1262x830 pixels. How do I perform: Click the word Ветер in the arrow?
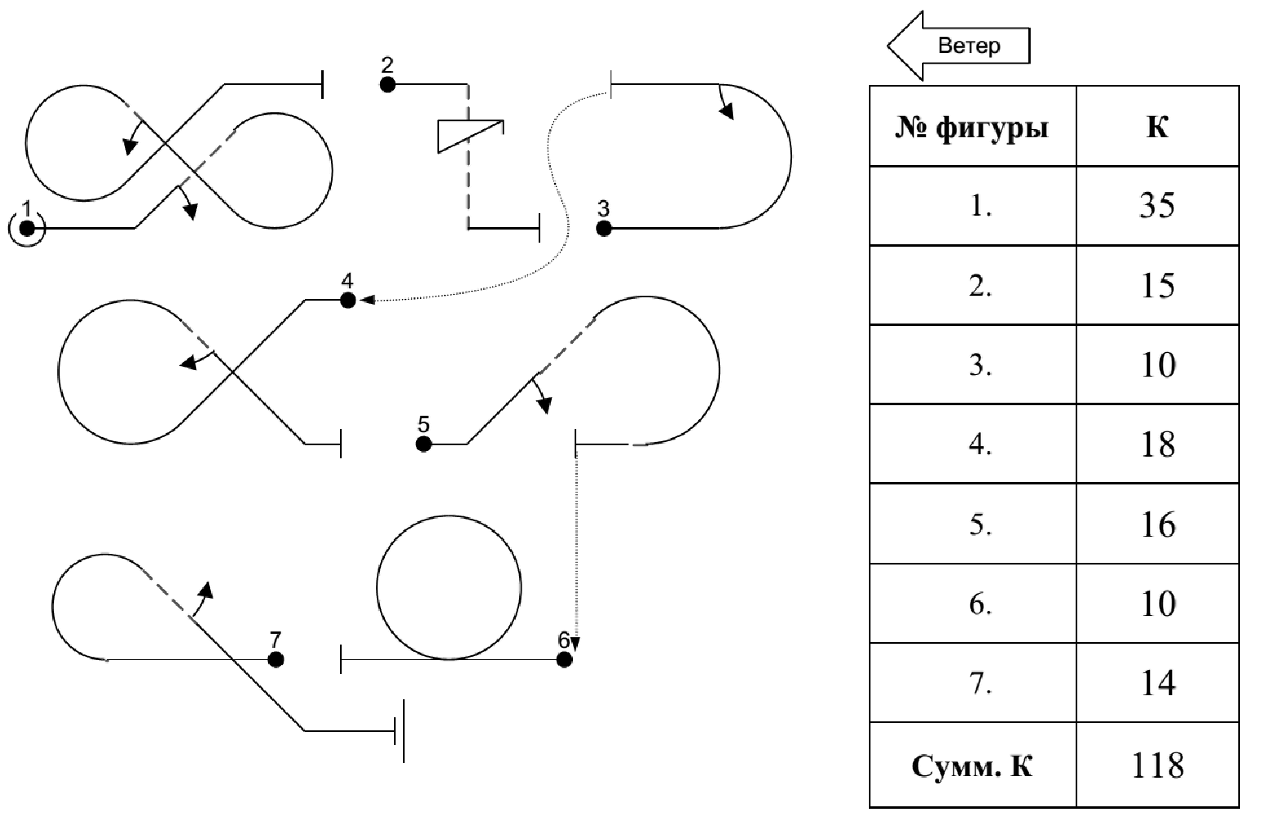[969, 46]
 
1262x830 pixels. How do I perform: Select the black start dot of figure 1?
[26, 228]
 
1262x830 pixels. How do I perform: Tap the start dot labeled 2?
[387, 84]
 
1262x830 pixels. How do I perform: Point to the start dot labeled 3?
[604, 229]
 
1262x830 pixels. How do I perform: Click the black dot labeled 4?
[347, 301]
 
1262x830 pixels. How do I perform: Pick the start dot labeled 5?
[423, 444]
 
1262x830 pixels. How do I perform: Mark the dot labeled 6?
[564, 659]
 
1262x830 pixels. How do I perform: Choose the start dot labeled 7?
[275, 659]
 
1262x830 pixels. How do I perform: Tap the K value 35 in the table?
[1157, 205]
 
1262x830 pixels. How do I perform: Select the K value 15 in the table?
[1157, 285]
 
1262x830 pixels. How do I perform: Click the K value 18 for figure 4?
[1157, 444]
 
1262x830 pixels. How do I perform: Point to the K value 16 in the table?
[1157, 524]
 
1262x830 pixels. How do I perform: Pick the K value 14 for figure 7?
[1157, 683]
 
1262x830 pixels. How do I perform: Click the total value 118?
[1157, 765]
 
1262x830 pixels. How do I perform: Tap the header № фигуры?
[972, 127]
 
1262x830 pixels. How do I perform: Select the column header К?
[1157, 127]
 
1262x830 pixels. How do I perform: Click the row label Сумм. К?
[972, 766]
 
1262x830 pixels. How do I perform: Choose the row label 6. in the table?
[981, 605]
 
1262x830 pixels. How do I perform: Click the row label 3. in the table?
[981, 365]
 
